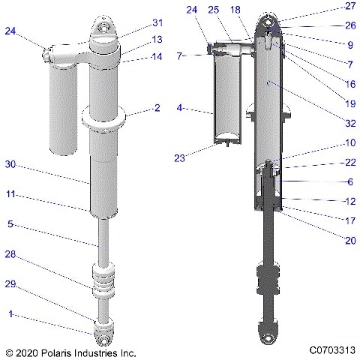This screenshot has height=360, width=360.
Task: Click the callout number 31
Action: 157,22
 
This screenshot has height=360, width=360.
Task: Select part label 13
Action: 157,39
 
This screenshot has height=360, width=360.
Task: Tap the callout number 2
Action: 157,108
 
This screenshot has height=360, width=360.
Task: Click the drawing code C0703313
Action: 330,350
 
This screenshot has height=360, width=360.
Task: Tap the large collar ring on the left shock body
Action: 104,118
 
